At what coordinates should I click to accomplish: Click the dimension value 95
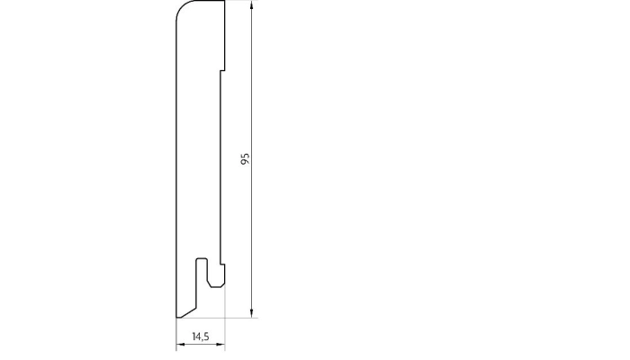pos(245,158)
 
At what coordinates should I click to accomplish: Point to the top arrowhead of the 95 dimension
pos(252,5)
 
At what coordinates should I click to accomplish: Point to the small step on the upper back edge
pos(221,69)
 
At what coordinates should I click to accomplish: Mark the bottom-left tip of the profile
pos(174,318)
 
